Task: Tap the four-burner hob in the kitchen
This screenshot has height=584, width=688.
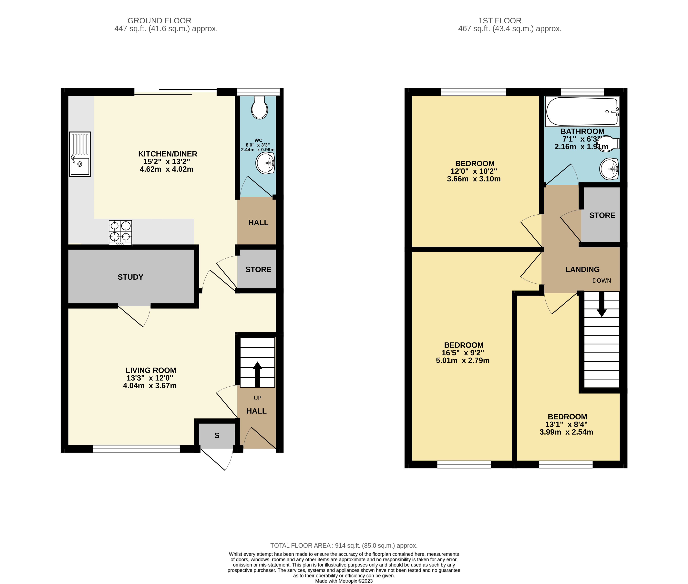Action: pos(120,233)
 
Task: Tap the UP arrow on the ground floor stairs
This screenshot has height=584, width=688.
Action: pos(257,374)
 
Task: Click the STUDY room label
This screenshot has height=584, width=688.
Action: pos(130,277)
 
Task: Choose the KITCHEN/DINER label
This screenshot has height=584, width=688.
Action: pos(168,154)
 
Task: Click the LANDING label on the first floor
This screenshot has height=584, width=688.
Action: pos(582,269)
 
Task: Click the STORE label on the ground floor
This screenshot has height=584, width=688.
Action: pos(258,269)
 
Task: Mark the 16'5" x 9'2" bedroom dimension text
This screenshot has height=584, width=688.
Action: pos(463,353)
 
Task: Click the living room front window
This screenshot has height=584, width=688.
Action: pos(136,449)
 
